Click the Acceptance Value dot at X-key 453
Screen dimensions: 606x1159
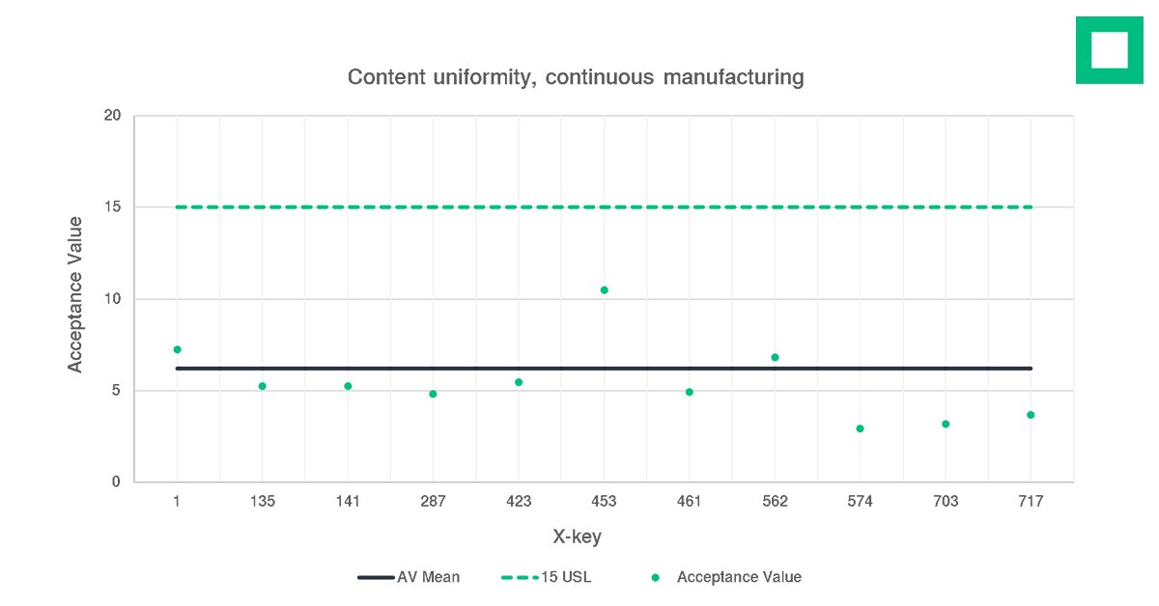604,289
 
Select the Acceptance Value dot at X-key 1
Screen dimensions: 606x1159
177,349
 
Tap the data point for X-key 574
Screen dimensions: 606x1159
860,428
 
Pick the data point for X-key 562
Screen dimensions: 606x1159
775,357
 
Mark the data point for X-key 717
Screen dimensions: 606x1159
1031,415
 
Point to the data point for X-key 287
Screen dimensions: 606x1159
433,394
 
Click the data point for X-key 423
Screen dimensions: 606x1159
519,382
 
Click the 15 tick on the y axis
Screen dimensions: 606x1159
112,207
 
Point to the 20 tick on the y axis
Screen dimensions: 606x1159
112,116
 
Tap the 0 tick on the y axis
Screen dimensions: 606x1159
116,482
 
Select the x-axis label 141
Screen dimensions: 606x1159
348,502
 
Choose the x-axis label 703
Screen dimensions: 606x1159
946,502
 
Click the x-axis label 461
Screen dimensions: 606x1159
690,502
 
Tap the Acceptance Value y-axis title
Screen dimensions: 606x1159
75,294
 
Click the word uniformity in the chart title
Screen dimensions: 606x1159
475,77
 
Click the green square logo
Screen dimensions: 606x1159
1110,49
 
